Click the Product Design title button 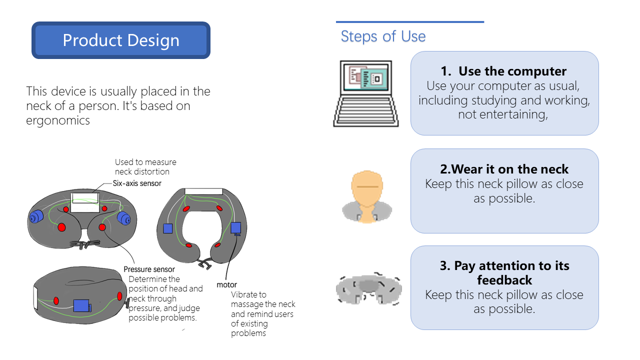(121, 40)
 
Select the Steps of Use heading (383, 36)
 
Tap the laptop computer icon (366, 93)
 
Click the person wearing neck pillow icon (367, 197)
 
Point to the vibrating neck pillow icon (369, 288)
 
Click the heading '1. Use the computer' (503, 71)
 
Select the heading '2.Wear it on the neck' (504, 169)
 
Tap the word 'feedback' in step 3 (504, 280)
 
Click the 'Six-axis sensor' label (137, 183)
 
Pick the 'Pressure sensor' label (149, 269)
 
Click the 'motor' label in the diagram (226, 285)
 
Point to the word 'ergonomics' (58, 120)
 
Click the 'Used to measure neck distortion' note (145, 167)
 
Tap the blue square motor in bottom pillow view (82, 305)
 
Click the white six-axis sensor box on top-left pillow (85, 202)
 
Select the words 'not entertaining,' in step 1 (503, 114)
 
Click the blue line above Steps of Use (410, 21)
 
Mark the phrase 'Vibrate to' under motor (248, 294)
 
